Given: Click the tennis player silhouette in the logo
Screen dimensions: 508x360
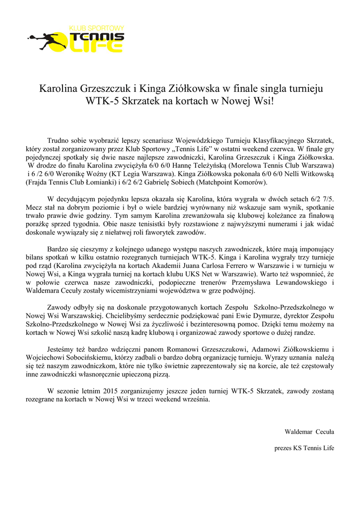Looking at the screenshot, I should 42,40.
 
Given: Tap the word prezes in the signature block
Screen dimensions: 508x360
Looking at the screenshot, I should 284,448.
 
